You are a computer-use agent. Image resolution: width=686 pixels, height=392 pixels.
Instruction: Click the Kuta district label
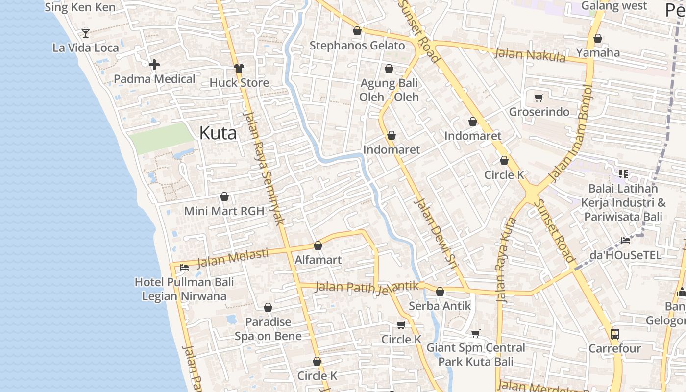coord(218,133)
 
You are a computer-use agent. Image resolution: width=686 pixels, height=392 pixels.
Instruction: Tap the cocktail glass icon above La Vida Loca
coord(86,33)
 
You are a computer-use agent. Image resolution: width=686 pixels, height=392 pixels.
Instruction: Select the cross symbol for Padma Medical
coord(154,64)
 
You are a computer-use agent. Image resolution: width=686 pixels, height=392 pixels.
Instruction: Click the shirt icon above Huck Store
coord(239,68)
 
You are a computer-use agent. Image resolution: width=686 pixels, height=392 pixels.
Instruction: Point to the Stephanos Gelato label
coord(357,46)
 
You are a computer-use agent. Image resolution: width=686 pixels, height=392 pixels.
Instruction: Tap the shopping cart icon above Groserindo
coord(539,98)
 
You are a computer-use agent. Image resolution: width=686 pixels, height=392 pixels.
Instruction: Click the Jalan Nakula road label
coord(530,54)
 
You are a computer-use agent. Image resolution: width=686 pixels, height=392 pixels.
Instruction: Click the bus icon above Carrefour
coord(614,334)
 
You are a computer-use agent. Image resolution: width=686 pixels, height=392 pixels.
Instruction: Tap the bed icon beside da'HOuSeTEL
coord(626,240)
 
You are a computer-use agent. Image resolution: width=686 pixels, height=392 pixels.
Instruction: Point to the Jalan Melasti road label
coord(233,258)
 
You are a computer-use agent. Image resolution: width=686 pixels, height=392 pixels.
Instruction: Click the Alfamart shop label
coord(318,260)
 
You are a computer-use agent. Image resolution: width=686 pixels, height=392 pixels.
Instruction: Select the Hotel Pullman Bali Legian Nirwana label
coord(184,289)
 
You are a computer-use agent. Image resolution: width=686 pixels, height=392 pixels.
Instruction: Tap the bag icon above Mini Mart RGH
coord(224,196)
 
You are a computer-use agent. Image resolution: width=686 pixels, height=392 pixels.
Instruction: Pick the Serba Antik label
coord(440,306)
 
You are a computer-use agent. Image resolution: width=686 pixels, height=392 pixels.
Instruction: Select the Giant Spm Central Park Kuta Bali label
coord(475,355)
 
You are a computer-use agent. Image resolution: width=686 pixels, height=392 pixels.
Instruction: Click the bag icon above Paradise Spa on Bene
coord(268,307)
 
